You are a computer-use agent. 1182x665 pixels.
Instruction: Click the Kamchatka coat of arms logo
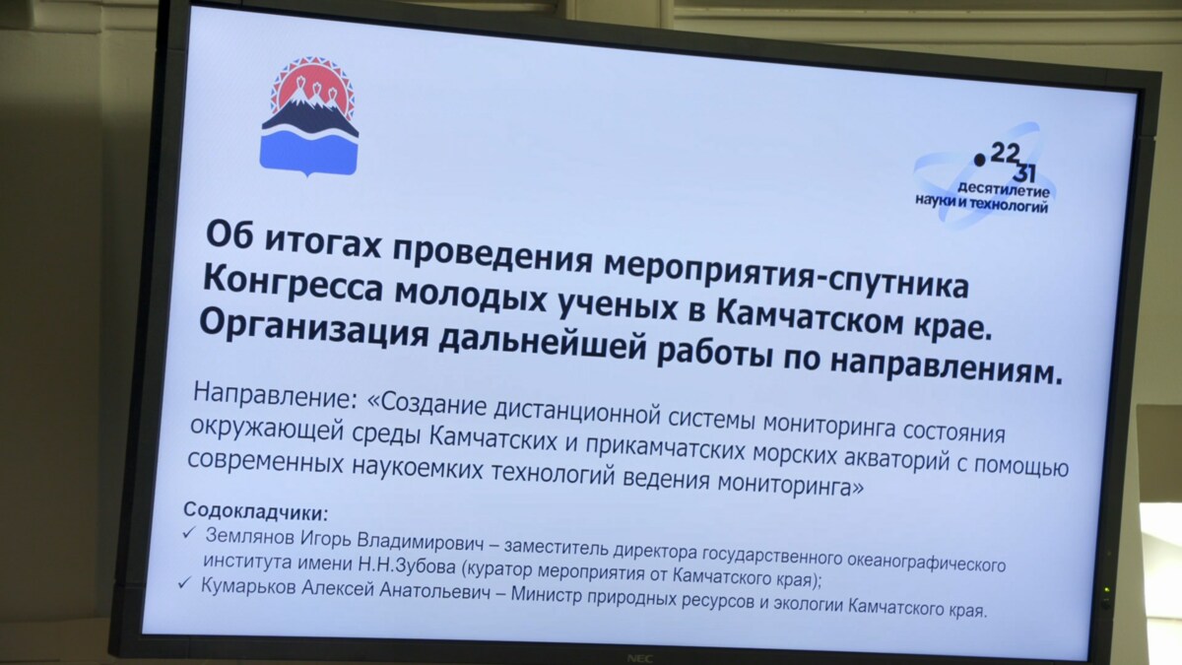(x=309, y=116)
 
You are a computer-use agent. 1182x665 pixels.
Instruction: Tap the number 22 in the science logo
(x=1006, y=154)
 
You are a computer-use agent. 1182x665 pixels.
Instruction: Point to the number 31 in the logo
(x=1023, y=173)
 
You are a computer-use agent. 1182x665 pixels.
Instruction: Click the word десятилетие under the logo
(x=1003, y=189)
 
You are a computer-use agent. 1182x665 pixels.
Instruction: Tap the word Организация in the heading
(x=314, y=331)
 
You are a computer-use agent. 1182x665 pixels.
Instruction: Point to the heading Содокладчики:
(x=255, y=511)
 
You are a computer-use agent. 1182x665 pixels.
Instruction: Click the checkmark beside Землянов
(x=189, y=534)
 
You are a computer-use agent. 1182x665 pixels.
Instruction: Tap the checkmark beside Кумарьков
(x=185, y=582)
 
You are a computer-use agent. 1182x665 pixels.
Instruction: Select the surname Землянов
(x=250, y=536)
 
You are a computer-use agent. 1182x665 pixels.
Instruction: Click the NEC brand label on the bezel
(x=640, y=658)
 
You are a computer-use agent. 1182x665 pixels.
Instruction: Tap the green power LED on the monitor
(x=1107, y=589)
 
